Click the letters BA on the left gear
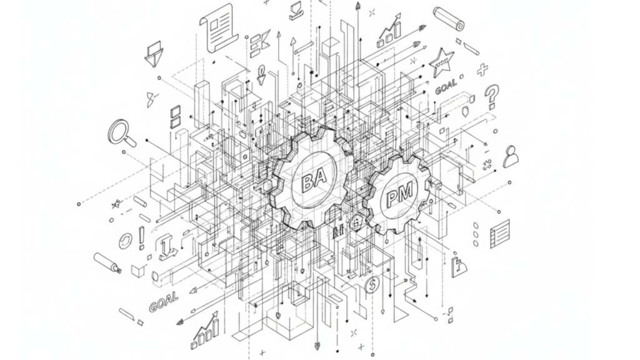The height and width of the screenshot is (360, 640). pyautogui.click(x=314, y=180)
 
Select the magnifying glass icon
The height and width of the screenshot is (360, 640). pyautogui.click(x=122, y=132)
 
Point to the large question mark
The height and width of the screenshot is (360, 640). pyautogui.click(x=492, y=96)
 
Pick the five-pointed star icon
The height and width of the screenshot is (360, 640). pyautogui.click(x=441, y=62)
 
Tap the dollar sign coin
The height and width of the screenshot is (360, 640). pyautogui.click(x=371, y=285)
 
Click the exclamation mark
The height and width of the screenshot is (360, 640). pyautogui.click(x=141, y=238)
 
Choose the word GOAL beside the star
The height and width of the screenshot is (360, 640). pyautogui.click(x=446, y=86)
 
